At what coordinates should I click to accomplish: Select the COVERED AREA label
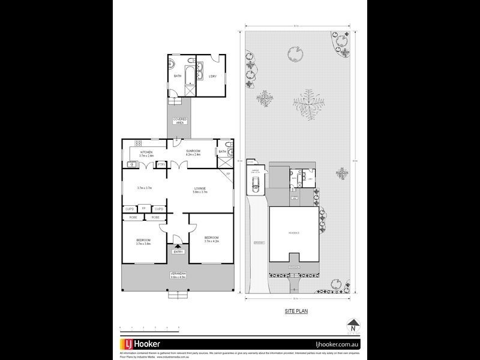[x=179, y=121]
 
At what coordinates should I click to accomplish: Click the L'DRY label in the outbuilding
[x=212, y=77]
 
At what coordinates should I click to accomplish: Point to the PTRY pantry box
[x=161, y=164]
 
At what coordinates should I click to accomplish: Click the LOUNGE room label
[x=200, y=190]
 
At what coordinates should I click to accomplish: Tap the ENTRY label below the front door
[x=178, y=251]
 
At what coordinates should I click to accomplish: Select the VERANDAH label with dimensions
[x=178, y=275]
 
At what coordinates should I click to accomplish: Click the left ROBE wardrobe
[x=133, y=217]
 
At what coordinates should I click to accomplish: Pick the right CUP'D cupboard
[x=159, y=209]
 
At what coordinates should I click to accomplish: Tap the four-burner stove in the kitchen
[x=137, y=143]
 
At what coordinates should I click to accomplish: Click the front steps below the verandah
[x=177, y=295]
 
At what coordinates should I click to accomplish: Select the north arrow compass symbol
[x=353, y=326]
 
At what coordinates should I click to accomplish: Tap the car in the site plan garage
[x=254, y=185]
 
